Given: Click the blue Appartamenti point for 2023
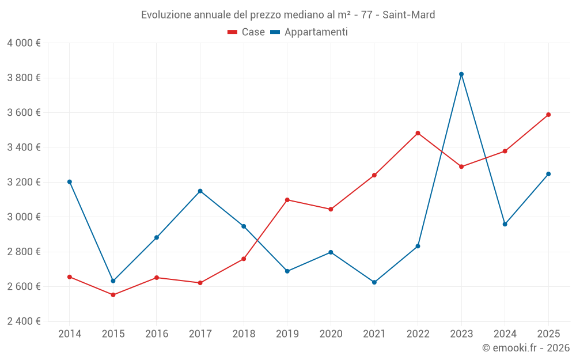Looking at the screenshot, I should click(461, 74).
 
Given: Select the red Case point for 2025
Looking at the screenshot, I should click(548, 115).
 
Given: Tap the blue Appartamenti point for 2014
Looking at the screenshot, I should click(70, 182).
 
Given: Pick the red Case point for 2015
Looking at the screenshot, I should click(113, 295).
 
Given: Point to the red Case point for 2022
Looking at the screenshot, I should click(418, 133).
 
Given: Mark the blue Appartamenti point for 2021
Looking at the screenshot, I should click(374, 282).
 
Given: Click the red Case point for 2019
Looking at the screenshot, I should click(287, 200).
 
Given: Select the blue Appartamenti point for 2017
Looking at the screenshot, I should click(200, 191).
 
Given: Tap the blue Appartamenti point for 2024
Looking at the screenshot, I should click(505, 224).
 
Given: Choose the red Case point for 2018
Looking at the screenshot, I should click(244, 259).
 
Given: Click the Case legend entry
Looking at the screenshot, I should click(247, 32).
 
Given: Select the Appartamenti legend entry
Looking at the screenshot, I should click(309, 32).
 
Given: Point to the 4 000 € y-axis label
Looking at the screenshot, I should click(24, 43).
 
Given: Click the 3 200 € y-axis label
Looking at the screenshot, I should click(24, 182).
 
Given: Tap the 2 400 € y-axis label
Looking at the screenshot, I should click(24, 321).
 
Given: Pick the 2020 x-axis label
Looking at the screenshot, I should click(331, 334).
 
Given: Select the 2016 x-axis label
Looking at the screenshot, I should click(157, 334).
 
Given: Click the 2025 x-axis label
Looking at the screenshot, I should click(548, 334).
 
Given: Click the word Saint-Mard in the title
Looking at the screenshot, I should click(408, 14).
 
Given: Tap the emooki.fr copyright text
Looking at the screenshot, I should click(526, 348).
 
